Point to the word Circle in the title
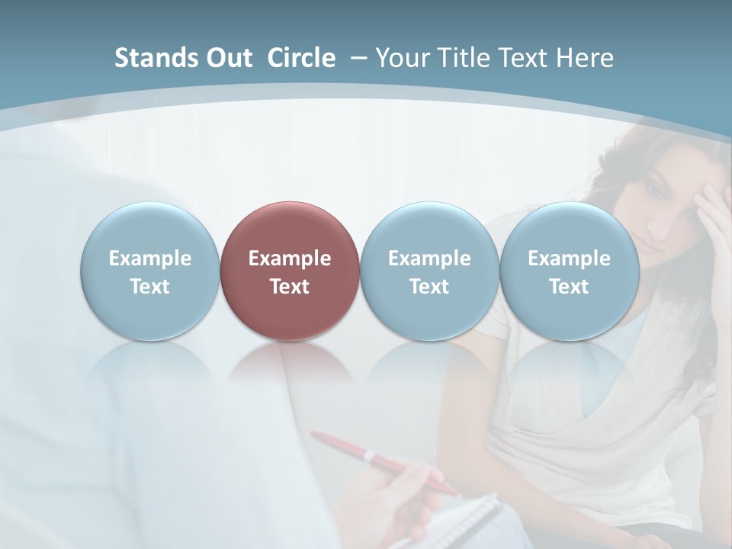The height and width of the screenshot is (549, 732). coord(301,58)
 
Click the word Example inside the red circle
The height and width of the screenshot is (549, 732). coord(290,258)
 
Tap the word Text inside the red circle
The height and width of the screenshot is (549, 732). coord(290,287)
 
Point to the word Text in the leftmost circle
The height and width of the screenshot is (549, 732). coord(149,287)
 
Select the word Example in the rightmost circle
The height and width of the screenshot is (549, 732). coord(569,258)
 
